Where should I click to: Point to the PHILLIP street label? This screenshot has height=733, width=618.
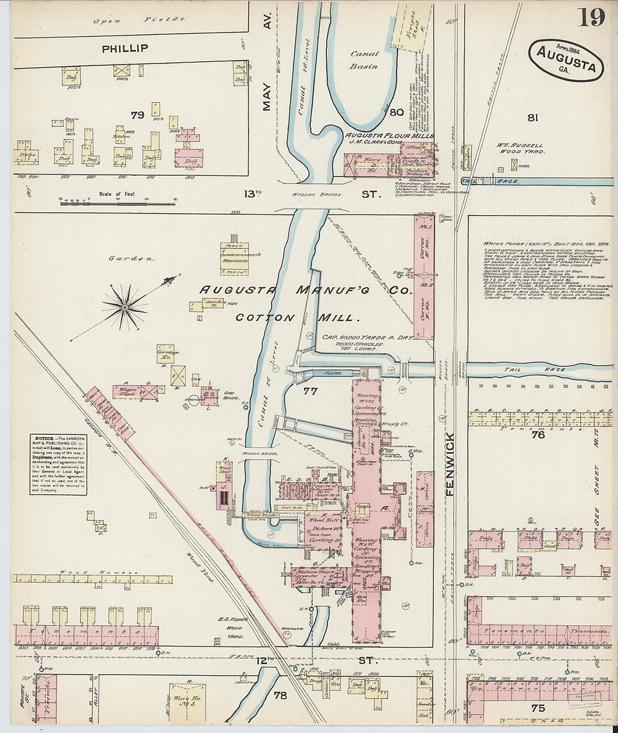point(125,49)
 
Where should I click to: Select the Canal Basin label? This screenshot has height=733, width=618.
point(365,60)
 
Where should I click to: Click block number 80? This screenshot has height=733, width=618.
point(397,112)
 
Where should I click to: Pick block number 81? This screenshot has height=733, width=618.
point(533,117)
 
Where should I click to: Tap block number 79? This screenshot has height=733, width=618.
point(138,116)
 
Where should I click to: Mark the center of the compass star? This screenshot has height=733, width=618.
point(124,307)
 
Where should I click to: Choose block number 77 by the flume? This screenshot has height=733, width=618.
point(310,391)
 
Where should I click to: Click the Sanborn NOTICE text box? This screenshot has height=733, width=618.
point(58,464)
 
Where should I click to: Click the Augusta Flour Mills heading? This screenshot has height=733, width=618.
point(389,136)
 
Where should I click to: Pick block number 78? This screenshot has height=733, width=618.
point(280,695)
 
